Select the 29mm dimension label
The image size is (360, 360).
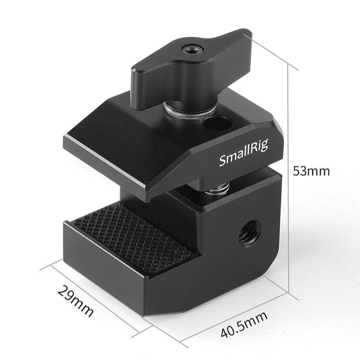75,301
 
